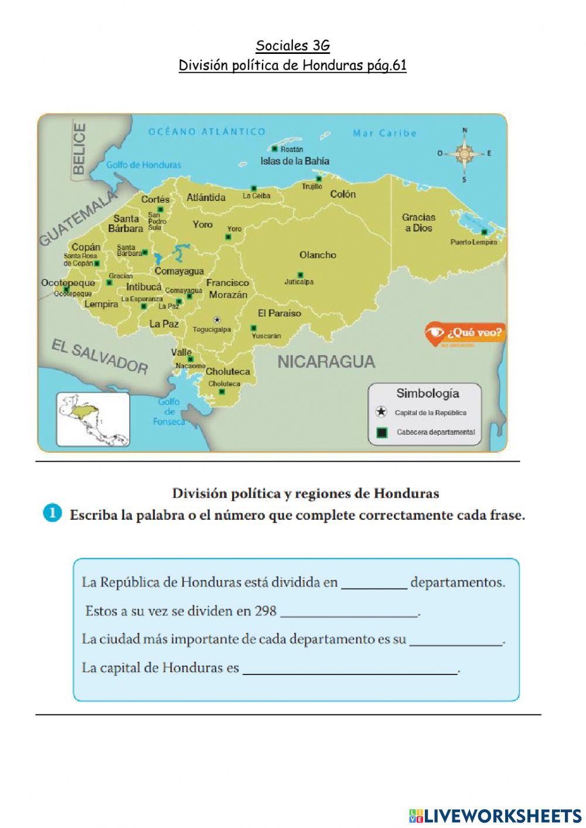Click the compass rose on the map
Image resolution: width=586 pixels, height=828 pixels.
click(464, 154)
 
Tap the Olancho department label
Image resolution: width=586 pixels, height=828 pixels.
click(318, 255)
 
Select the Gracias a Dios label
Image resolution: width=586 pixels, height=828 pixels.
click(418, 223)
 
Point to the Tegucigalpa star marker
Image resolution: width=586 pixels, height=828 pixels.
click(217, 320)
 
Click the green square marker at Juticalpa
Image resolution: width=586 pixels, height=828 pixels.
click(301, 274)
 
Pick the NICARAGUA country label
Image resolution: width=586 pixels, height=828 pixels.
click(326, 362)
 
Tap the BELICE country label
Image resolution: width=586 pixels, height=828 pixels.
click(79, 148)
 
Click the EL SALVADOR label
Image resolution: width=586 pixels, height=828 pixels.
click(100, 356)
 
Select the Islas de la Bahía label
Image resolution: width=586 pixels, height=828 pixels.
click(295, 161)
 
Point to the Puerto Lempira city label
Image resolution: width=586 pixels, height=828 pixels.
click(473, 242)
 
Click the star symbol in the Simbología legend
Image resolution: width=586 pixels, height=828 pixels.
click(381, 412)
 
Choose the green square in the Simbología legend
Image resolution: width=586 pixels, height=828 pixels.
click(382, 432)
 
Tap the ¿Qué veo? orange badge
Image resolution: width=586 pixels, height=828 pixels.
click(465, 333)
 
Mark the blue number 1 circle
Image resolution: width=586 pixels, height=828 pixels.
click(52, 513)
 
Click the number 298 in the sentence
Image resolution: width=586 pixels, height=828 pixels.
click(265, 611)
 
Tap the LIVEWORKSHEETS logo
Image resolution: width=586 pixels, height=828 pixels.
click(495, 815)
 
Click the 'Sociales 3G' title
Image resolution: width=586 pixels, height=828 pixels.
click(292, 46)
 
